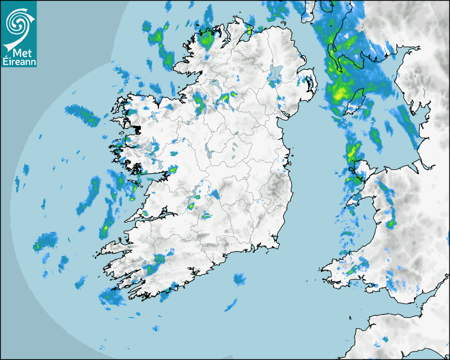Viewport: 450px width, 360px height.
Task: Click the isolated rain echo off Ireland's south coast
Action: click(239, 278)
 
